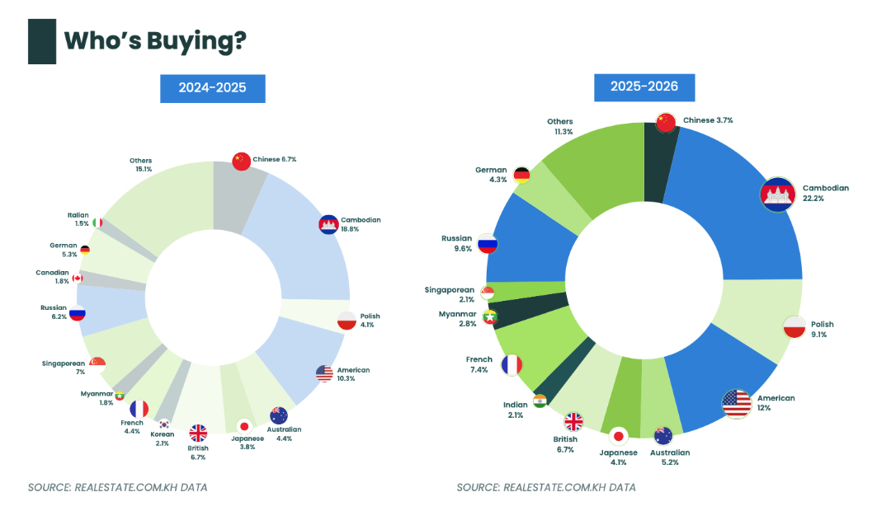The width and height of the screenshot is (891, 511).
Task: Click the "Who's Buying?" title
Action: pyautogui.click(x=154, y=40)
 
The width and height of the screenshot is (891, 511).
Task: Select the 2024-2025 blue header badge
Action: pyautogui.click(x=213, y=87)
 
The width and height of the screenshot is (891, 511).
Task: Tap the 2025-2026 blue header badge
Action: pyautogui.click(x=644, y=87)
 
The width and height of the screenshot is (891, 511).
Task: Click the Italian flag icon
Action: pyautogui.click(x=97, y=223)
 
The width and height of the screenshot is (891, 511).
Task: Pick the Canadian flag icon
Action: pyautogui.click(x=78, y=278)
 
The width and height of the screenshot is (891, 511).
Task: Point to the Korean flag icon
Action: pyautogui.click(x=164, y=424)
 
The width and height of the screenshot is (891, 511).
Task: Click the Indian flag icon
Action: pyautogui.click(x=540, y=401)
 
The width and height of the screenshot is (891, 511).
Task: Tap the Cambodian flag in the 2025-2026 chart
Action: pyautogui.click(x=777, y=195)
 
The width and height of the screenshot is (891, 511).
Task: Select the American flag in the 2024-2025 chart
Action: pyautogui.click(x=324, y=373)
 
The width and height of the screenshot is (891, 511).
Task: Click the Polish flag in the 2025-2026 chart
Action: pyautogui.click(x=794, y=326)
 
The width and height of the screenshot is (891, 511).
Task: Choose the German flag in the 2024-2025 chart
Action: pyautogui.click(x=85, y=249)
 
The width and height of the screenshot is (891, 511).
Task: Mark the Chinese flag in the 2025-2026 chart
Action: pyautogui.click(x=667, y=123)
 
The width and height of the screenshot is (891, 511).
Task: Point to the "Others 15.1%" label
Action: pyautogui.click(x=140, y=165)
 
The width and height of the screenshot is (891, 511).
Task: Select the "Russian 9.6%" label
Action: pyautogui.click(x=457, y=243)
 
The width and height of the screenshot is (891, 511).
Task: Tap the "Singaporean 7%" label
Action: pyautogui.click(x=64, y=368)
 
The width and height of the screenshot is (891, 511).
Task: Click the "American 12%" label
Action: pyautogui.click(x=775, y=403)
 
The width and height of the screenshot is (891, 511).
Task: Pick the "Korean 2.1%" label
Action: pyautogui.click(x=162, y=438)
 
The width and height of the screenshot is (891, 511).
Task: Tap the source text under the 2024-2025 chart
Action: pyautogui.click(x=117, y=487)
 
